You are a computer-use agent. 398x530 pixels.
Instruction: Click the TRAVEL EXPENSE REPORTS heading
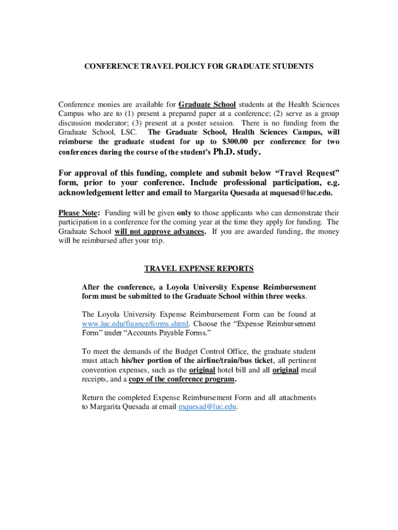(x=199, y=269)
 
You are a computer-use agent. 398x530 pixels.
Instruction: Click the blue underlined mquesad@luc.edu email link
(x=207, y=407)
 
